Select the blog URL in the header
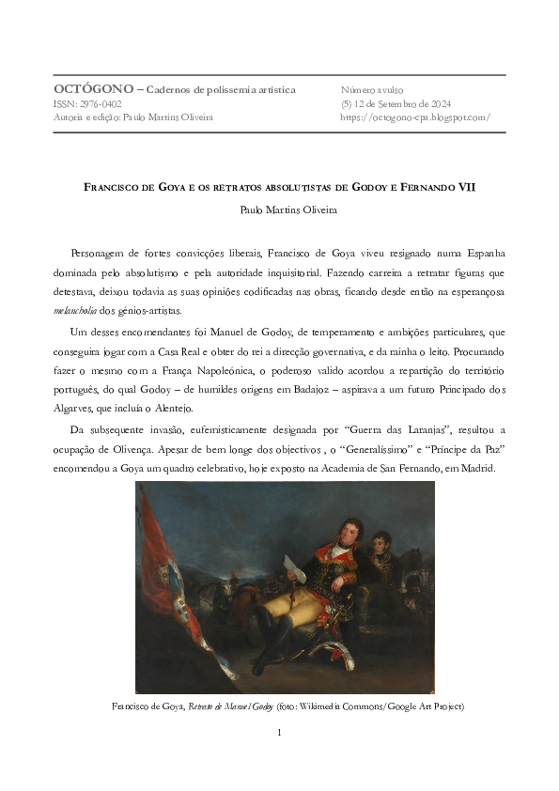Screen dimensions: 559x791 [x=415, y=117]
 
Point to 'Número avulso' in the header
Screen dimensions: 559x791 [x=372, y=89]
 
